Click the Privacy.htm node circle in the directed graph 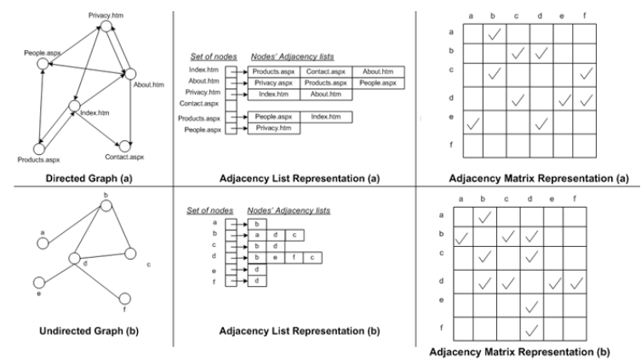pyautogui.click(x=105, y=26)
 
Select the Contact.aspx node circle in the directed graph pyautogui.click(x=125, y=146)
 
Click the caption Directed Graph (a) pyautogui.click(x=83, y=180)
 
